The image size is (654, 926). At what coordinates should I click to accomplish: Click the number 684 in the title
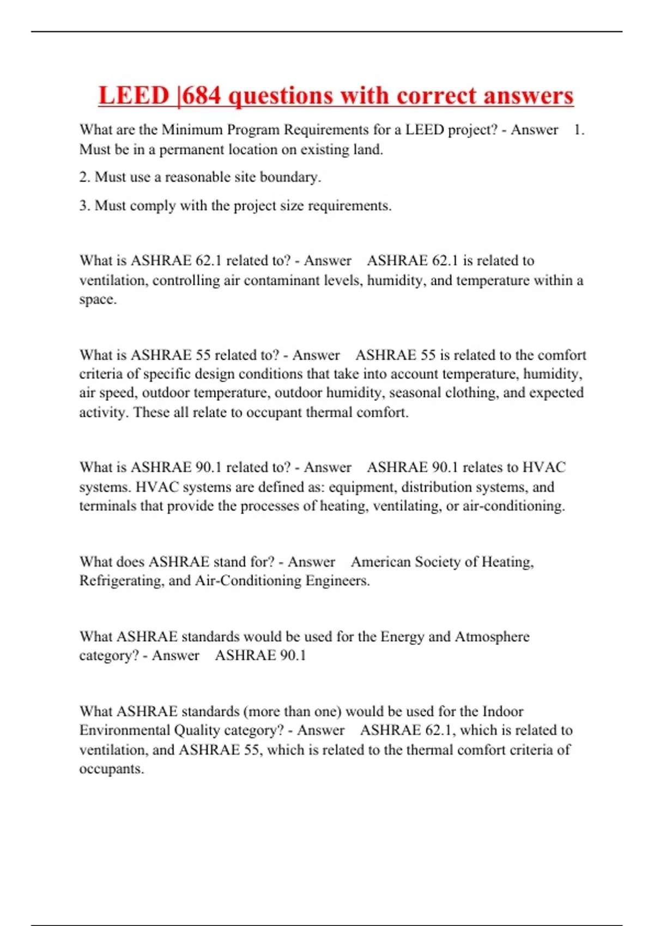pyautogui.click(x=201, y=96)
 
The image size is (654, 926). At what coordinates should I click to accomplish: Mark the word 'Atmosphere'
pyautogui.click(x=492, y=637)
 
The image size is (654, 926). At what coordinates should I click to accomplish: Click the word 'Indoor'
pyautogui.click(x=502, y=711)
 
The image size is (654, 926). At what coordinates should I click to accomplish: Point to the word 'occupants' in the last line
pyautogui.click(x=112, y=769)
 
